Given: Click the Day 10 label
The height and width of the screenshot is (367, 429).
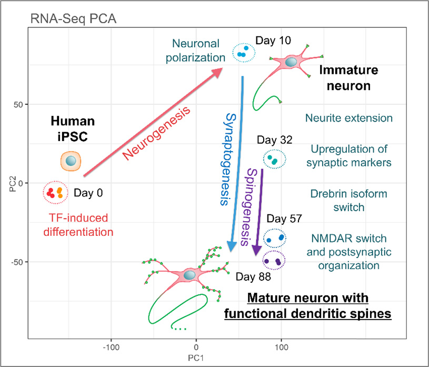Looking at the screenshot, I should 273,41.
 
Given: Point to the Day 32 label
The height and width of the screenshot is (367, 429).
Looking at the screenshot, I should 274,140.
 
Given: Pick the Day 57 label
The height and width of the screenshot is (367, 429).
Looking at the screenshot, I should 284,219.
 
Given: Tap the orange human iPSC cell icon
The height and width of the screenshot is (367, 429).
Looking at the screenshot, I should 71,161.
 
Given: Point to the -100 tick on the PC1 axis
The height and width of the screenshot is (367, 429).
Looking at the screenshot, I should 111,348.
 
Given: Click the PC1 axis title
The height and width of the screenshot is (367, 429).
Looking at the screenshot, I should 196,359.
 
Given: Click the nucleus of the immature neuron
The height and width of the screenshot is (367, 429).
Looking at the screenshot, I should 291,63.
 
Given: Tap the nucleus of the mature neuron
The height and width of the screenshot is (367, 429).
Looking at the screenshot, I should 189,275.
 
